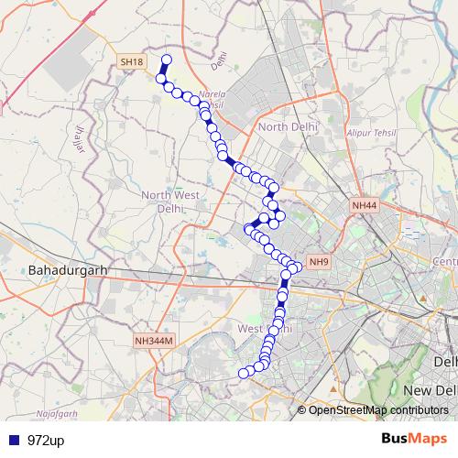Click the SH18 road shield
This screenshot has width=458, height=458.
pos(132,61)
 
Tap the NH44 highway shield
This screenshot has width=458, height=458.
pos(364,208)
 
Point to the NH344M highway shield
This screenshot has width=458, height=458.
pos(153,341)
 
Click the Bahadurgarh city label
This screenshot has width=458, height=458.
pos(68,271)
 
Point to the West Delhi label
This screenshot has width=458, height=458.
pos(264,328)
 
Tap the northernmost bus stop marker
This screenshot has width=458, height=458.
pos(167,60)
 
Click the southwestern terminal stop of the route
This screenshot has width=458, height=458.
pos(244,373)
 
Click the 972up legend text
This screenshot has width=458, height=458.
pos(45,441)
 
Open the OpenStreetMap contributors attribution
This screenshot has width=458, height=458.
pos(377,409)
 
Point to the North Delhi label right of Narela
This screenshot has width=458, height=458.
pos(288,126)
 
